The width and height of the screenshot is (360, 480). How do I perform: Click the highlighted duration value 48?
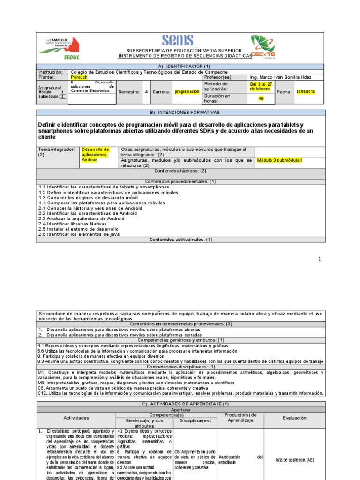tap(261, 99)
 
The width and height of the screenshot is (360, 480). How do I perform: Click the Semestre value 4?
tap(146, 92)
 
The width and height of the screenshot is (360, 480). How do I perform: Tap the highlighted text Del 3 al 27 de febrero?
tap(261, 86)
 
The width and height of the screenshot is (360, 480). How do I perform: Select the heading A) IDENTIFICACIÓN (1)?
tap(180, 67)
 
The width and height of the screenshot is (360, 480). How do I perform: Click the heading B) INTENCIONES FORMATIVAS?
tap(180, 112)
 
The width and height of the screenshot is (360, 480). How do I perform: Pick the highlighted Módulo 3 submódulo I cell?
tap(279, 160)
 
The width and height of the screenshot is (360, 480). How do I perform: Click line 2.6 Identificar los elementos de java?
tap(79, 234)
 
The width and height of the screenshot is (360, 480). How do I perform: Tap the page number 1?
tap(320, 259)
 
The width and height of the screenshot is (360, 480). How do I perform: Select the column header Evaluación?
tap(294, 417)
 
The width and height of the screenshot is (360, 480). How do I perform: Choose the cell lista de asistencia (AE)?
tap(295, 460)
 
